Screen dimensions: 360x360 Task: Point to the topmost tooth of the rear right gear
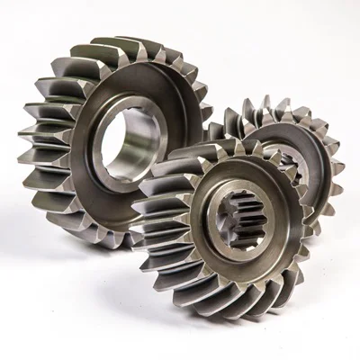pyautogui.click(x=270, y=103)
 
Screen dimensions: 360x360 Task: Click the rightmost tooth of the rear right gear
pyautogui.click(x=338, y=166)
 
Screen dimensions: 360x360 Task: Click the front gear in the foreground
pyautogui.click(x=225, y=225)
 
